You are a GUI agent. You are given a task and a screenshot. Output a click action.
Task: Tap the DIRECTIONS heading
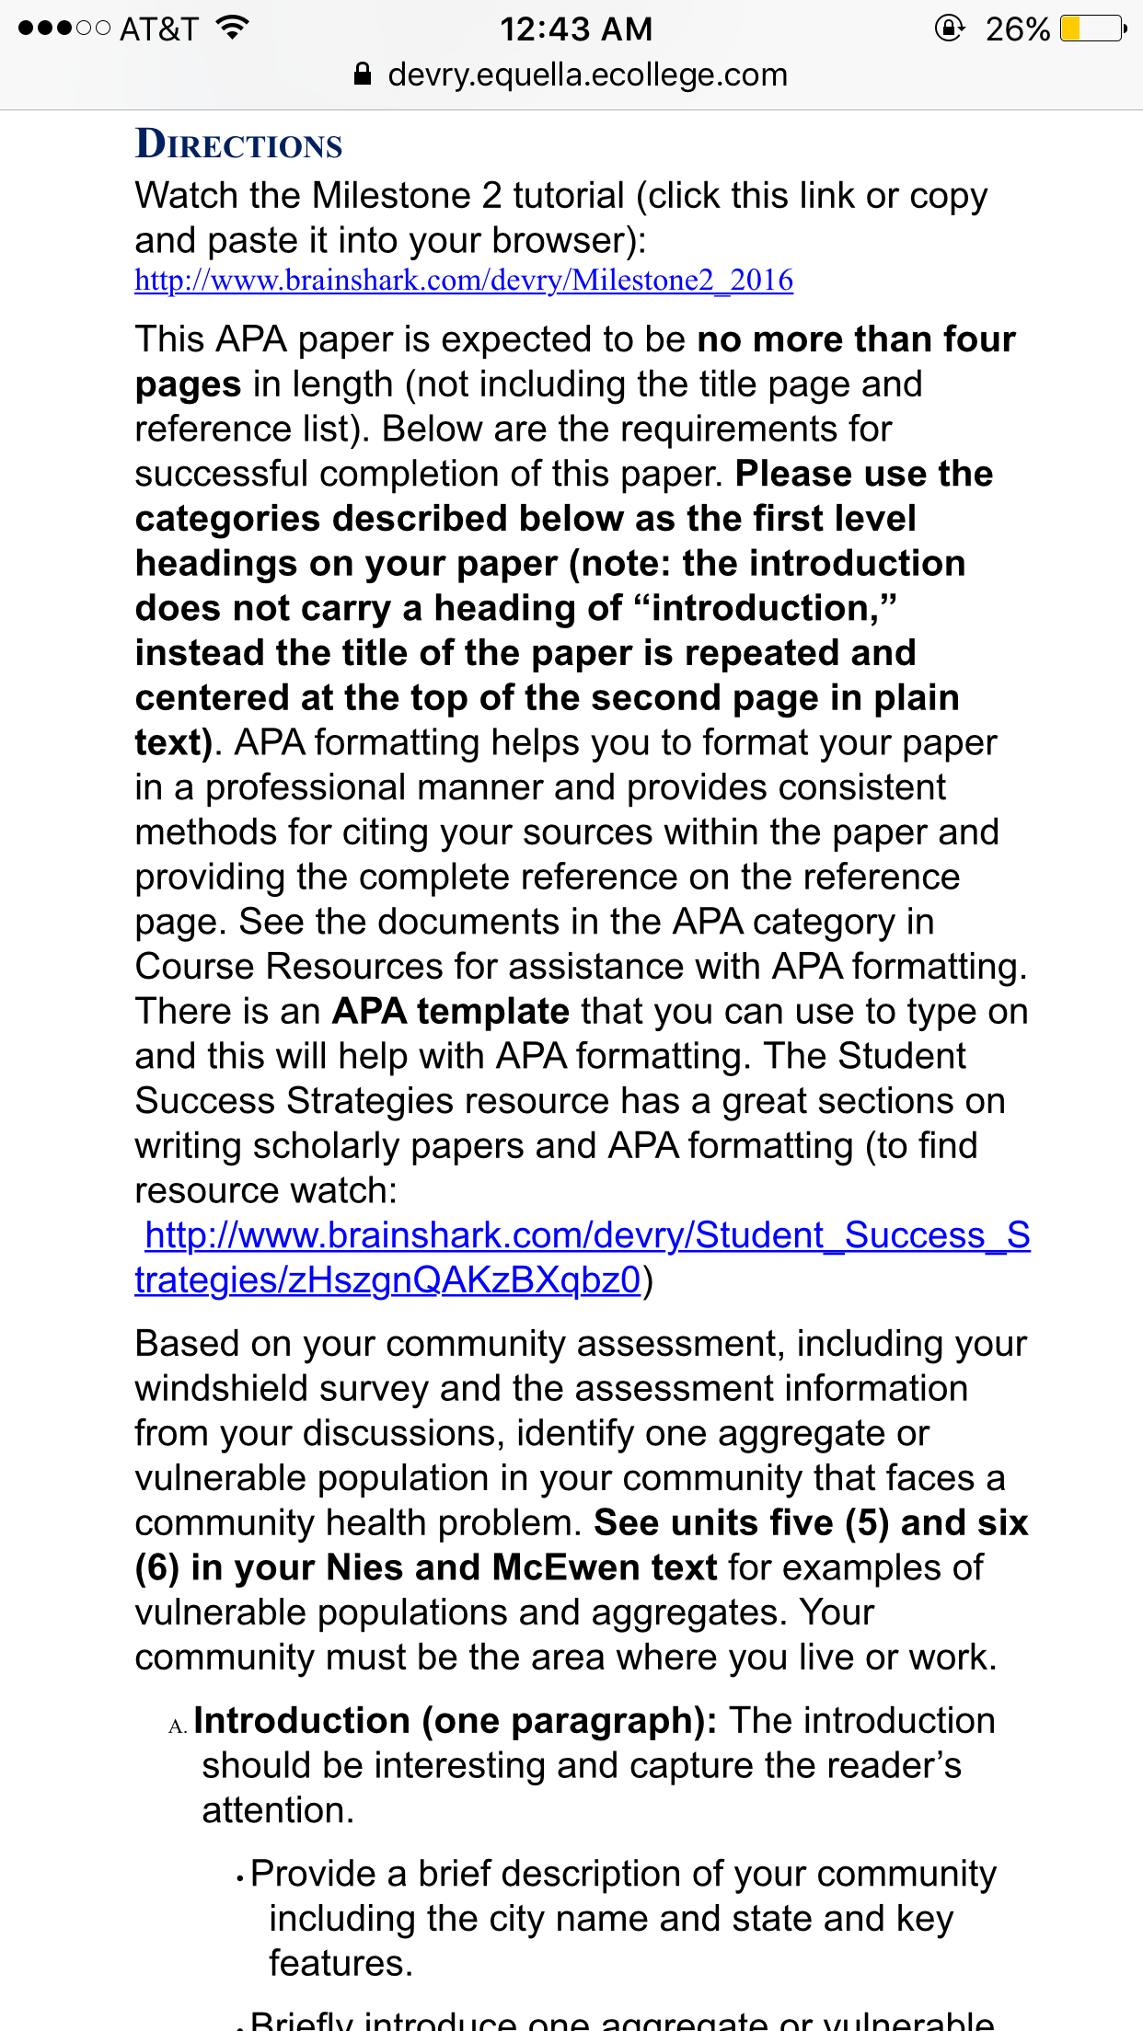238,144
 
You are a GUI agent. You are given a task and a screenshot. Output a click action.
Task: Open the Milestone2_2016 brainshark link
464,280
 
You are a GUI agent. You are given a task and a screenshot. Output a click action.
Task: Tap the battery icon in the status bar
1092,29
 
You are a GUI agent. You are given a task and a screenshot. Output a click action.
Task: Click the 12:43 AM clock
576,29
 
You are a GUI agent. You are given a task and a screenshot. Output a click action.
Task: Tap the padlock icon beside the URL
363,75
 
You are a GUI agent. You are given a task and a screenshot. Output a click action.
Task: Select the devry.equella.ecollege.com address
587,75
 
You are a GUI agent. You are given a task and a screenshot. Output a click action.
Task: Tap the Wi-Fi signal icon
234,28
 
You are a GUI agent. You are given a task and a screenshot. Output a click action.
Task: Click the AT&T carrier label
158,29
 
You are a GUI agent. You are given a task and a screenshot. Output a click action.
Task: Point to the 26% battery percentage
1017,29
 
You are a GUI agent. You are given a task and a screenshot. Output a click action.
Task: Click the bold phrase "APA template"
451,1011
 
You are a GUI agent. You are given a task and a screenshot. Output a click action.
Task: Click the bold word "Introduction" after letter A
301,1720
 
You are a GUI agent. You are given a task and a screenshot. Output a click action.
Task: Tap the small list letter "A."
178,1727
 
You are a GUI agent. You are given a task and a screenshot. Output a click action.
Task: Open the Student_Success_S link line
587,1235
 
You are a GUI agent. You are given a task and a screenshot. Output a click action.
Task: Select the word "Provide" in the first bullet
314,1874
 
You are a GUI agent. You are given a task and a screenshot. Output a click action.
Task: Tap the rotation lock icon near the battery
949,29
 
